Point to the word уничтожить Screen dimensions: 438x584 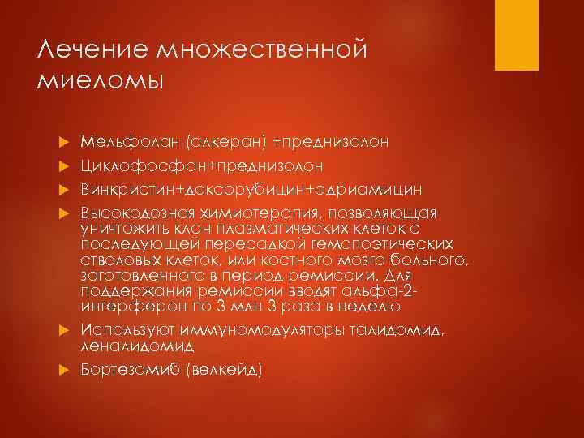[x=122, y=230]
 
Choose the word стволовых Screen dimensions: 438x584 [x=121, y=260]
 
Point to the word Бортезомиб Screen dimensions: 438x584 [x=127, y=369]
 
